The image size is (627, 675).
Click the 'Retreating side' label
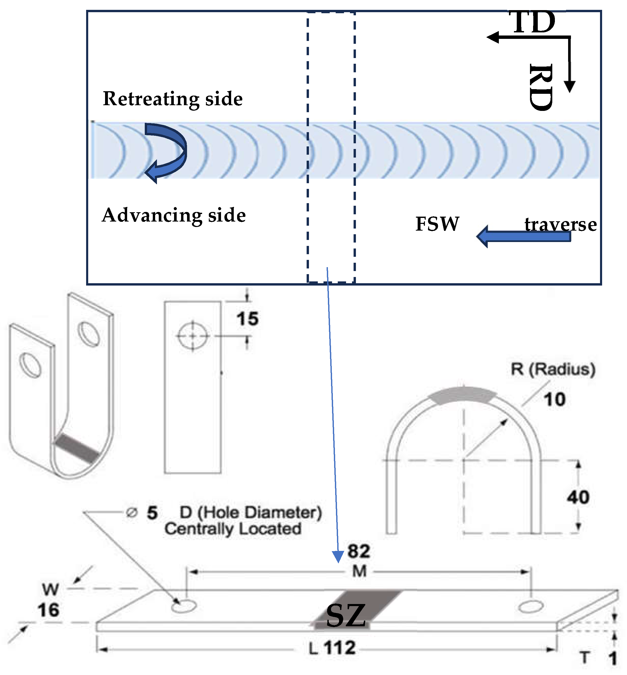tap(173, 99)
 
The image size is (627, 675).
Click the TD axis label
tap(533, 22)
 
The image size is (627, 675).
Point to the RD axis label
tap(541, 87)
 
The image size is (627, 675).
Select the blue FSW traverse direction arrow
tap(524, 236)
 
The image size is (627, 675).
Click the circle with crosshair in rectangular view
tap(192, 336)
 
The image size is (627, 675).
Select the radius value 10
tap(555, 399)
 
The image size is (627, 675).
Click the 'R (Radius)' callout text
tap(553, 369)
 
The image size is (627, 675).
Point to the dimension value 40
tap(578, 497)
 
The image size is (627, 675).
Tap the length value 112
tap(340, 648)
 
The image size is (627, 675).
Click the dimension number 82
tap(359, 551)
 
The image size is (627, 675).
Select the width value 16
tap(49, 610)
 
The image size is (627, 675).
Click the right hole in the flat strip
tap(531, 607)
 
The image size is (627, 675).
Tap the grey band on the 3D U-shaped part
tap(77, 448)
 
